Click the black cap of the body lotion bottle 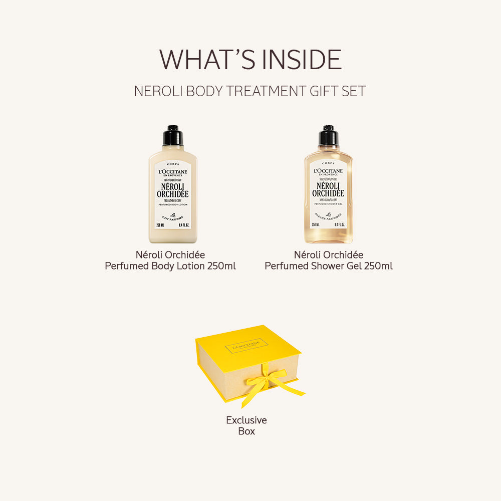click(x=173, y=135)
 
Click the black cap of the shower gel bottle click(x=329, y=135)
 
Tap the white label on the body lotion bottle click(x=173, y=195)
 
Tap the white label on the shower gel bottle click(x=329, y=195)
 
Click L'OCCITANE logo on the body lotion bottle click(x=173, y=172)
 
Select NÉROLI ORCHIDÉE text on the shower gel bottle click(x=329, y=189)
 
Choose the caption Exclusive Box click(x=246, y=425)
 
